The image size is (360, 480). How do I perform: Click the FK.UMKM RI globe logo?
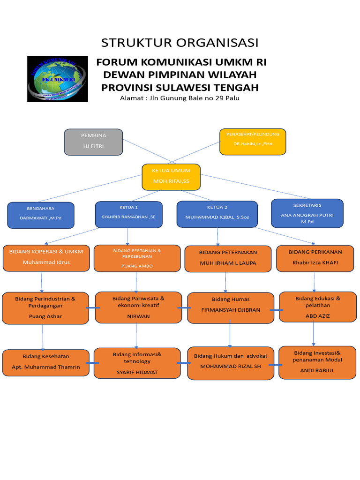pyautogui.click(x=57, y=79)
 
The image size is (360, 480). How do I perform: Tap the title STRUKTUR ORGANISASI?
pyautogui.click(x=180, y=43)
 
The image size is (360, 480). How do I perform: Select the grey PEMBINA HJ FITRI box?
pyautogui.click(x=93, y=142)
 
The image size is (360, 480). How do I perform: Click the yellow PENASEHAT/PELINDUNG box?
pyautogui.click(x=253, y=141)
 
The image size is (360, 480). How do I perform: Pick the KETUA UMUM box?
pyautogui.click(x=171, y=176)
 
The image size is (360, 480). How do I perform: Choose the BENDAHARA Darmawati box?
pyautogui.click(x=41, y=215)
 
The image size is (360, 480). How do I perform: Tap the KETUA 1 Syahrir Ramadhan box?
pyautogui.click(x=128, y=214)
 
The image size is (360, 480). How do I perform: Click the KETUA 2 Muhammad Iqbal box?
pyautogui.click(x=217, y=214)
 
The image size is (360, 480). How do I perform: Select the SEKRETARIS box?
pyautogui.click(x=307, y=213)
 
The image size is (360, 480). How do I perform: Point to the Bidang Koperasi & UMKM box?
pyautogui.click(x=46, y=257)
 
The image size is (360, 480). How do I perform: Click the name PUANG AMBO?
pyautogui.click(x=137, y=266)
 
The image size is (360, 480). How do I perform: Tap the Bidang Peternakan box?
pyautogui.click(x=228, y=258)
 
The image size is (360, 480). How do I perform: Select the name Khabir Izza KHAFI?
pyautogui.click(x=315, y=262)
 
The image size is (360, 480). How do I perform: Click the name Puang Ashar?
pyautogui.click(x=45, y=316)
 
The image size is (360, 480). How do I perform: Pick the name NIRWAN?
pyautogui.click(x=138, y=316)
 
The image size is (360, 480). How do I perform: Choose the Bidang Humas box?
pyautogui.click(x=231, y=308)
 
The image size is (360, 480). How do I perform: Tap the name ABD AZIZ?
pyautogui.click(x=318, y=316)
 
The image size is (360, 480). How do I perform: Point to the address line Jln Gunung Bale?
pyautogui.click(x=180, y=98)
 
